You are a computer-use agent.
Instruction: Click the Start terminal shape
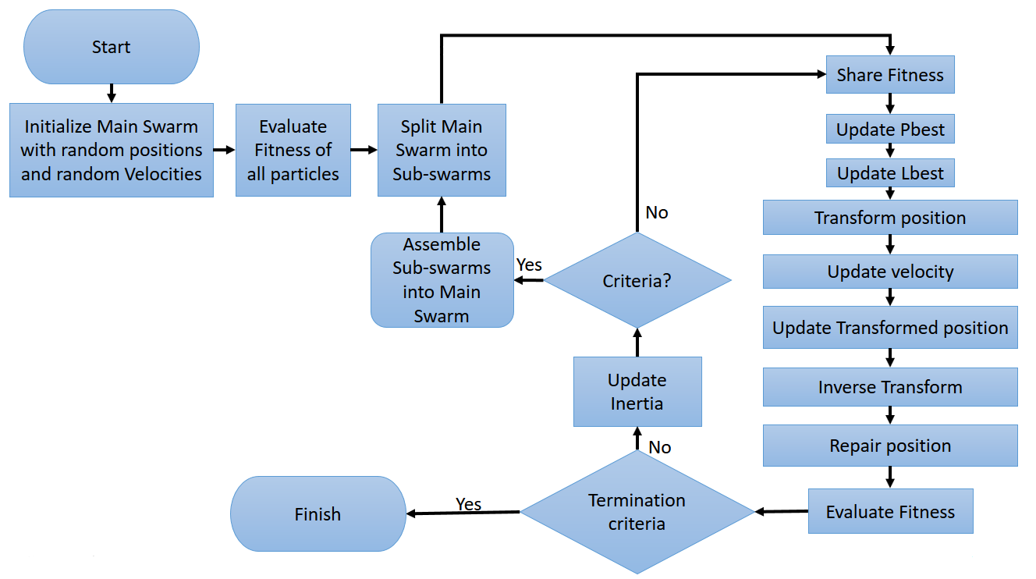coord(112,47)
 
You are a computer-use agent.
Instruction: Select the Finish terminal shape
coord(318,514)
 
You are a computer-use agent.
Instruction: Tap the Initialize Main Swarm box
coord(112,150)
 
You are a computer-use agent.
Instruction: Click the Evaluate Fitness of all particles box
coord(293,150)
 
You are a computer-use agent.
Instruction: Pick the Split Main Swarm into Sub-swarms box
coord(442,150)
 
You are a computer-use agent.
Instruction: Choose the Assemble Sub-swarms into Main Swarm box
coord(442,279)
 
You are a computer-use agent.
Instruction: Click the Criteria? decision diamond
coord(637,280)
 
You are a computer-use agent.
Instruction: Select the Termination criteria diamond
coord(637,512)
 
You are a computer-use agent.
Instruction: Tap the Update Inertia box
coord(637,392)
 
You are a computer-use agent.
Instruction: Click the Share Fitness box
coord(890,75)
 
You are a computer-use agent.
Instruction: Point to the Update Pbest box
coord(890,130)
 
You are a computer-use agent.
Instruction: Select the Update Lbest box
coord(890,173)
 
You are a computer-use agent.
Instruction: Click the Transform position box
coord(890,218)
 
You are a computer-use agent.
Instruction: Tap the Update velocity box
coord(890,272)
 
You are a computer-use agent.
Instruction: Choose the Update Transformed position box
coord(890,328)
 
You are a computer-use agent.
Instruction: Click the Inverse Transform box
coord(890,387)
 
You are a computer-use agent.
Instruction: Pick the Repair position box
coord(890,446)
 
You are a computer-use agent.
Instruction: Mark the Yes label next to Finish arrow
coord(468,504)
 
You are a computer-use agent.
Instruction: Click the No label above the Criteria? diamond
coord(657,212)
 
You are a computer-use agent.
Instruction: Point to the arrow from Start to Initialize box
coord(112,93)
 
